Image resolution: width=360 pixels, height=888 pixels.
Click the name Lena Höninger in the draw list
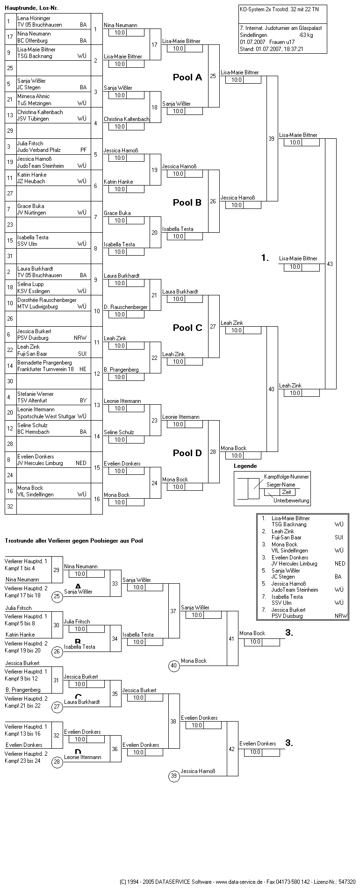click(34, 18)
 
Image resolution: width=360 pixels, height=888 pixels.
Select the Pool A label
click(187, 78)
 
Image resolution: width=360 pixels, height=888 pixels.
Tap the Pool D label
click(187, 453)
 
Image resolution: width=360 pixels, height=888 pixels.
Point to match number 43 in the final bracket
click(330, 264)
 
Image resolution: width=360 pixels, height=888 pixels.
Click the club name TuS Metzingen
click(35, 103)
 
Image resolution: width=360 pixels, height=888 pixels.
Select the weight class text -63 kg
click(306, 35)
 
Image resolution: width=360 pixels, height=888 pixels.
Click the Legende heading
click(245, 466)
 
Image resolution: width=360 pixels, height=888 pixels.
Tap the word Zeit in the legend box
click(286, 492)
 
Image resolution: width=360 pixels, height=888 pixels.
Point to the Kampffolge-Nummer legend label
click(286, 477)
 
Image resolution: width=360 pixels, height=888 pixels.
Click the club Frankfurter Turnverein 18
click(45, 369)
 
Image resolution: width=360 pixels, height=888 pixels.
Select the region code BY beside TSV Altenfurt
click(83, 401)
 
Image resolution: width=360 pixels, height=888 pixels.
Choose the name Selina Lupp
click(30, 284)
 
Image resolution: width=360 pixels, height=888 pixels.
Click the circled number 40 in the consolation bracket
click(174, 666)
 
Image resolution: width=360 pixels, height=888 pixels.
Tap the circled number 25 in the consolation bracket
click(57, 596)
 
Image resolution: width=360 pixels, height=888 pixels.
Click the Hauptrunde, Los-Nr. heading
click(32, 8)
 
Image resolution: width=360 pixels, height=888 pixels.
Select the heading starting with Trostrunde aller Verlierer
click(74, 541)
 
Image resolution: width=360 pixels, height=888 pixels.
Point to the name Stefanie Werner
click(35, 394)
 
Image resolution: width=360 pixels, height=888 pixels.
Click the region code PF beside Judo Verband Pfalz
click(83, 150)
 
